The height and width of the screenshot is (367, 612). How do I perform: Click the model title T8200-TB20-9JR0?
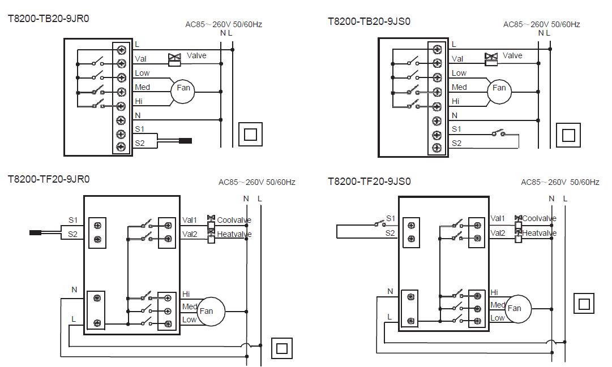pos(48,19)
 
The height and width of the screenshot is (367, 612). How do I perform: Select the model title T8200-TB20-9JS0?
pos(369,21)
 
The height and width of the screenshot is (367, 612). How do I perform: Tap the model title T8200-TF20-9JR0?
pos(48,179)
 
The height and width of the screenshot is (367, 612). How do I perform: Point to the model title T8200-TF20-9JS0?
pos(369,182)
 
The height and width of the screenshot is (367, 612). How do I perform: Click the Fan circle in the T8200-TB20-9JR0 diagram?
pos(183,88)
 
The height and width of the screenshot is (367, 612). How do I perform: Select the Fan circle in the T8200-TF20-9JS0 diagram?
pos(513,308)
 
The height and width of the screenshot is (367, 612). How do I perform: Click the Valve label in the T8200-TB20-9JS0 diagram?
pos(512,55)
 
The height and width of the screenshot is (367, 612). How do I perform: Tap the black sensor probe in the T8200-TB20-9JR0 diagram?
pos(185,141)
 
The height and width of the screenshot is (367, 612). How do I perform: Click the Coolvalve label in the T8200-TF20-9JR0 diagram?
pos(234,220)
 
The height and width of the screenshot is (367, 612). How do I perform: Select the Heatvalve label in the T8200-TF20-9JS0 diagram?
pos(539,233)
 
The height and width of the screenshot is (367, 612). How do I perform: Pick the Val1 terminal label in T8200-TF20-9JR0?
pos(190,220)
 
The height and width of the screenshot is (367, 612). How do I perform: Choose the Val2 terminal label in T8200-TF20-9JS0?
pos(498,232)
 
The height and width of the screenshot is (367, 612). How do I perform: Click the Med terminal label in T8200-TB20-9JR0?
pos(142,87)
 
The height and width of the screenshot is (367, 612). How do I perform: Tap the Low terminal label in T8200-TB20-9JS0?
pos(459,73)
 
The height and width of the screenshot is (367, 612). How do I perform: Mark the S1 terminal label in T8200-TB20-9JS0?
pos(456,129)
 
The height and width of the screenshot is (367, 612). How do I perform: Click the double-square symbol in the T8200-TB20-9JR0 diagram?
pos(250,135)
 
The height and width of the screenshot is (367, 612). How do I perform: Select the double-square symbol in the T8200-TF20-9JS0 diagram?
pos(584,304)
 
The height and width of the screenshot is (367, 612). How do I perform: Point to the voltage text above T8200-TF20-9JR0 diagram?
pos(257,182)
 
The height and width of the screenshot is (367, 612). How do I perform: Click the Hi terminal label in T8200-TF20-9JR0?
pos(186,294)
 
